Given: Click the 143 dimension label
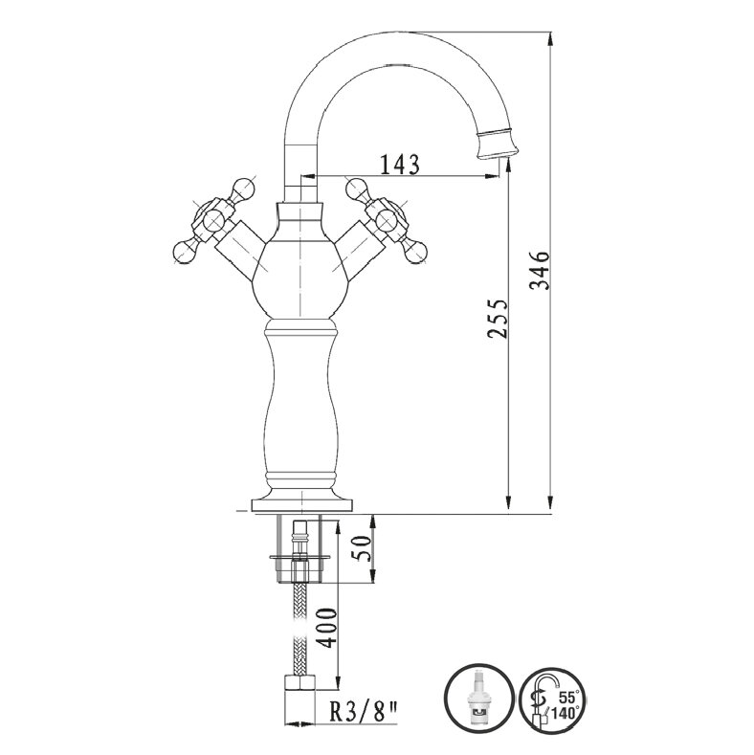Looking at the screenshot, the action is (400, 164).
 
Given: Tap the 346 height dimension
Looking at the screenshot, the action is (540, 270).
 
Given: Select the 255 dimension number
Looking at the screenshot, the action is (497, 319).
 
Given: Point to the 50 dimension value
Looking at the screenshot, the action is (361, 548).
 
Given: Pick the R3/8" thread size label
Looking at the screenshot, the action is (364, 714).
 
